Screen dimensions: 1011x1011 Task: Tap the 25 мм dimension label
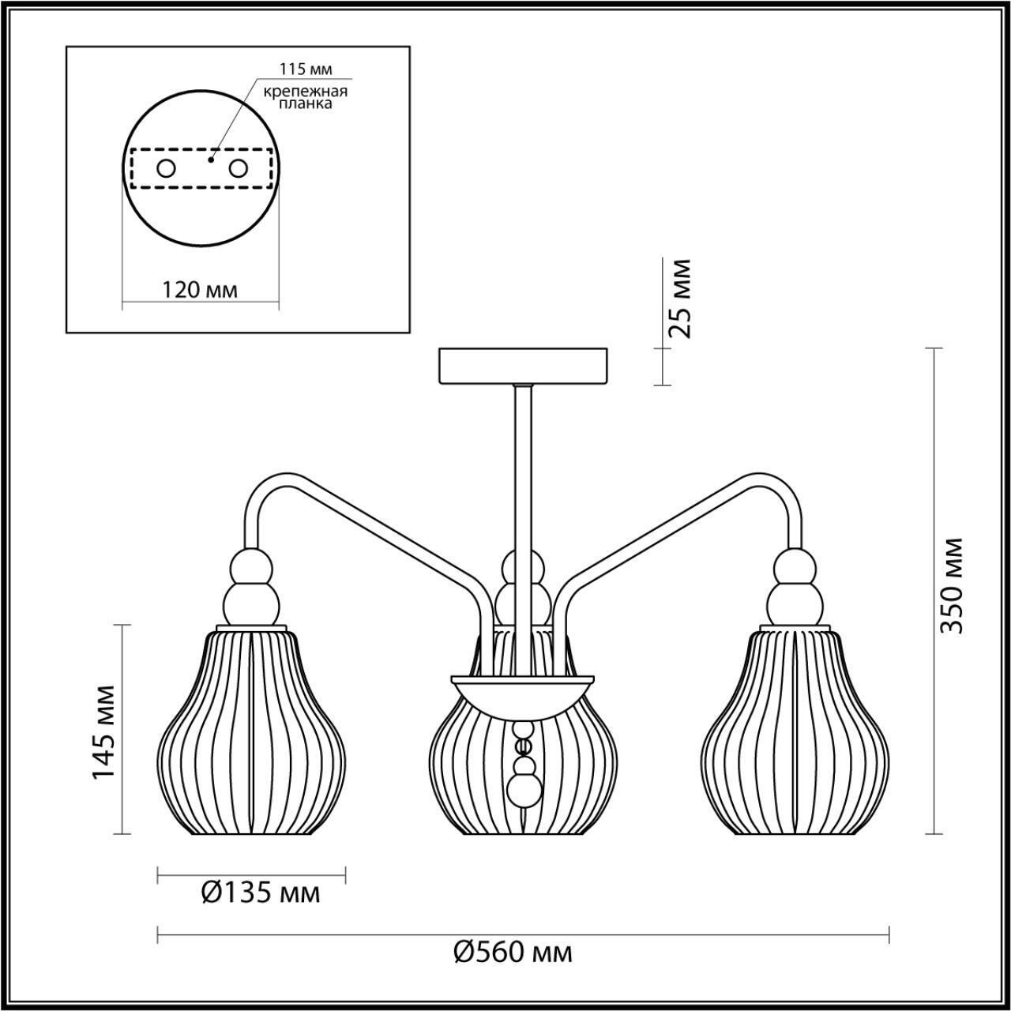(x=678, y=298)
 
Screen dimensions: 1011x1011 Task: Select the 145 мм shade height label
(x=104, y=731)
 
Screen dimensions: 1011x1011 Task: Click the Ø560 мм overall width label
(x=513, y=953)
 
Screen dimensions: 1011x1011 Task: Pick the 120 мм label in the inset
(x=200, y=289)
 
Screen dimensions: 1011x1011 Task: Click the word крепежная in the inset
(x=306, y=90)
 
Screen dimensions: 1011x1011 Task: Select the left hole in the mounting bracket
(x=167, y=168)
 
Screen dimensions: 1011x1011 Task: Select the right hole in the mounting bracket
(x=238, y=168)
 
